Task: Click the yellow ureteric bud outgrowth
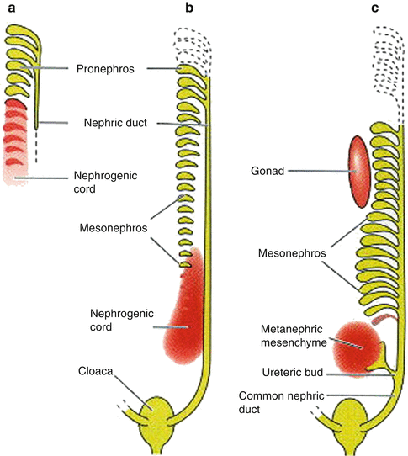[389, 356]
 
